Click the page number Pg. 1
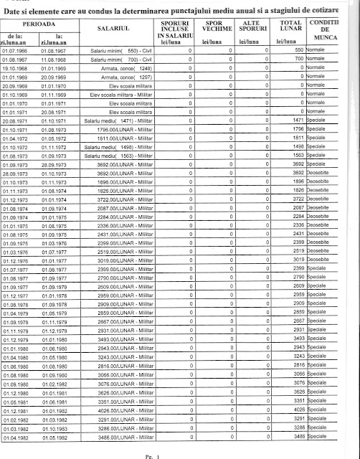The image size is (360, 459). pyautogui.click(x=170, y=454)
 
